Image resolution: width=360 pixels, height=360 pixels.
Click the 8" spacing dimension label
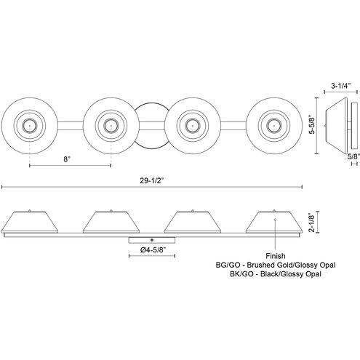(67, 159)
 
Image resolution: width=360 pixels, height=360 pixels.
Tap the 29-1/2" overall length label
(152, 180)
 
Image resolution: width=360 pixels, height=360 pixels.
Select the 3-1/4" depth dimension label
(340, 86)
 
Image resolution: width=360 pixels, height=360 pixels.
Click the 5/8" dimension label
(353, 156)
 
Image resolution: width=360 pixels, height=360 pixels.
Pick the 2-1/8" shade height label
(311, 223)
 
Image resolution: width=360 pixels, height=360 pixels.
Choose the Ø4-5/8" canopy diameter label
(153, 250)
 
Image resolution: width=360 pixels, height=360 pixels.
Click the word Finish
(276, 256)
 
